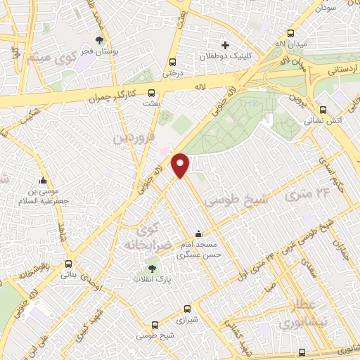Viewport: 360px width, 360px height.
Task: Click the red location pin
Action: (181, 165)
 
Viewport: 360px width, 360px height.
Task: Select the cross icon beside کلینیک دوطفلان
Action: (224, 45)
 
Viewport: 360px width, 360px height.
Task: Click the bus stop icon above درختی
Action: (173, 61)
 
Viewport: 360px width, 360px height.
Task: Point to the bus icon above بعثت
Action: (151, 92)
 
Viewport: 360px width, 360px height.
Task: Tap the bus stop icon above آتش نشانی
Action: (323, 110)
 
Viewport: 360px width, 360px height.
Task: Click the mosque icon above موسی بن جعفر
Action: (44, 180)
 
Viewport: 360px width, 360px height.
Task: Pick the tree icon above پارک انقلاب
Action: (152, 268)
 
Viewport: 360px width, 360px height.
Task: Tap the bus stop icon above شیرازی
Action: (187, 308)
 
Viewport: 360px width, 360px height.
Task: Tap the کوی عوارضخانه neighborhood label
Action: (148, 237)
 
